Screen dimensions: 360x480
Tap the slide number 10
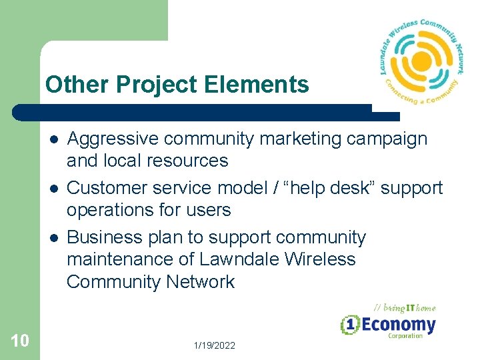point(20,341)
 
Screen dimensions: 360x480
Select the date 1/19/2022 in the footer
point(214,345)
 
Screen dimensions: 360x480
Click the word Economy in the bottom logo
point(398,325)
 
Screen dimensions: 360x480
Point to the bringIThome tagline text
point(404,307)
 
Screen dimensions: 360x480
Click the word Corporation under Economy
point(405,336)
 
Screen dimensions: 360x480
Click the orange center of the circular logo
point(421,62)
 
